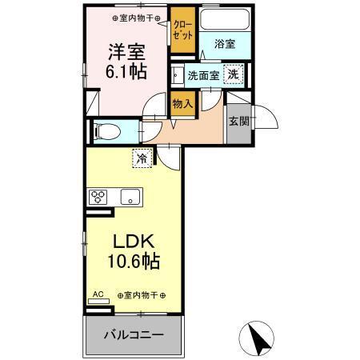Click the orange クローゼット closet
coord(182,31)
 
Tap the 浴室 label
coord(225,45)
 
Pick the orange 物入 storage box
coord(182,102)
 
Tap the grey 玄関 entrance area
coord(238,122)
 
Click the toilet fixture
coord(107,129)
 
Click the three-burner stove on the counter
coord(99,196)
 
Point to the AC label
coord(98,294)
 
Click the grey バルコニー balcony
coord(134,334)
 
